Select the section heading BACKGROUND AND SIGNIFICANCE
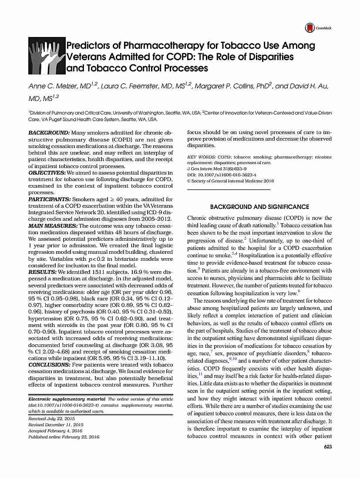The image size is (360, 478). [259, 207]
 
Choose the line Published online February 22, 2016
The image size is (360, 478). [64, 437]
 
